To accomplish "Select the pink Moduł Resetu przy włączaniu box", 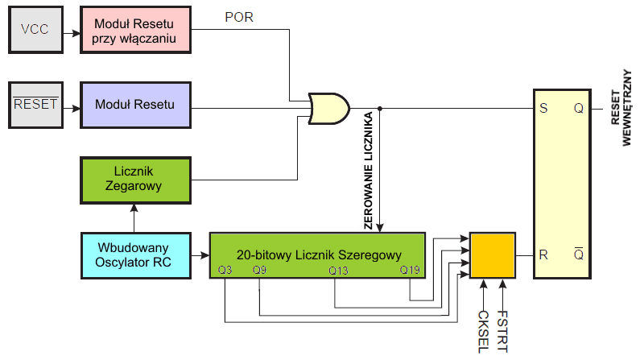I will [135, 30].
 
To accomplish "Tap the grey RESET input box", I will [35, 104].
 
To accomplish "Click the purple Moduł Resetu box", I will [135, 104].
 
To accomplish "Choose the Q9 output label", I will [258, 271].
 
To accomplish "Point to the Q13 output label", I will [337, 271].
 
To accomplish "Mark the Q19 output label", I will [410, 271].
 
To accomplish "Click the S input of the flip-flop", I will [543, 108].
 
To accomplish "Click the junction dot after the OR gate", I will [380, 108].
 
